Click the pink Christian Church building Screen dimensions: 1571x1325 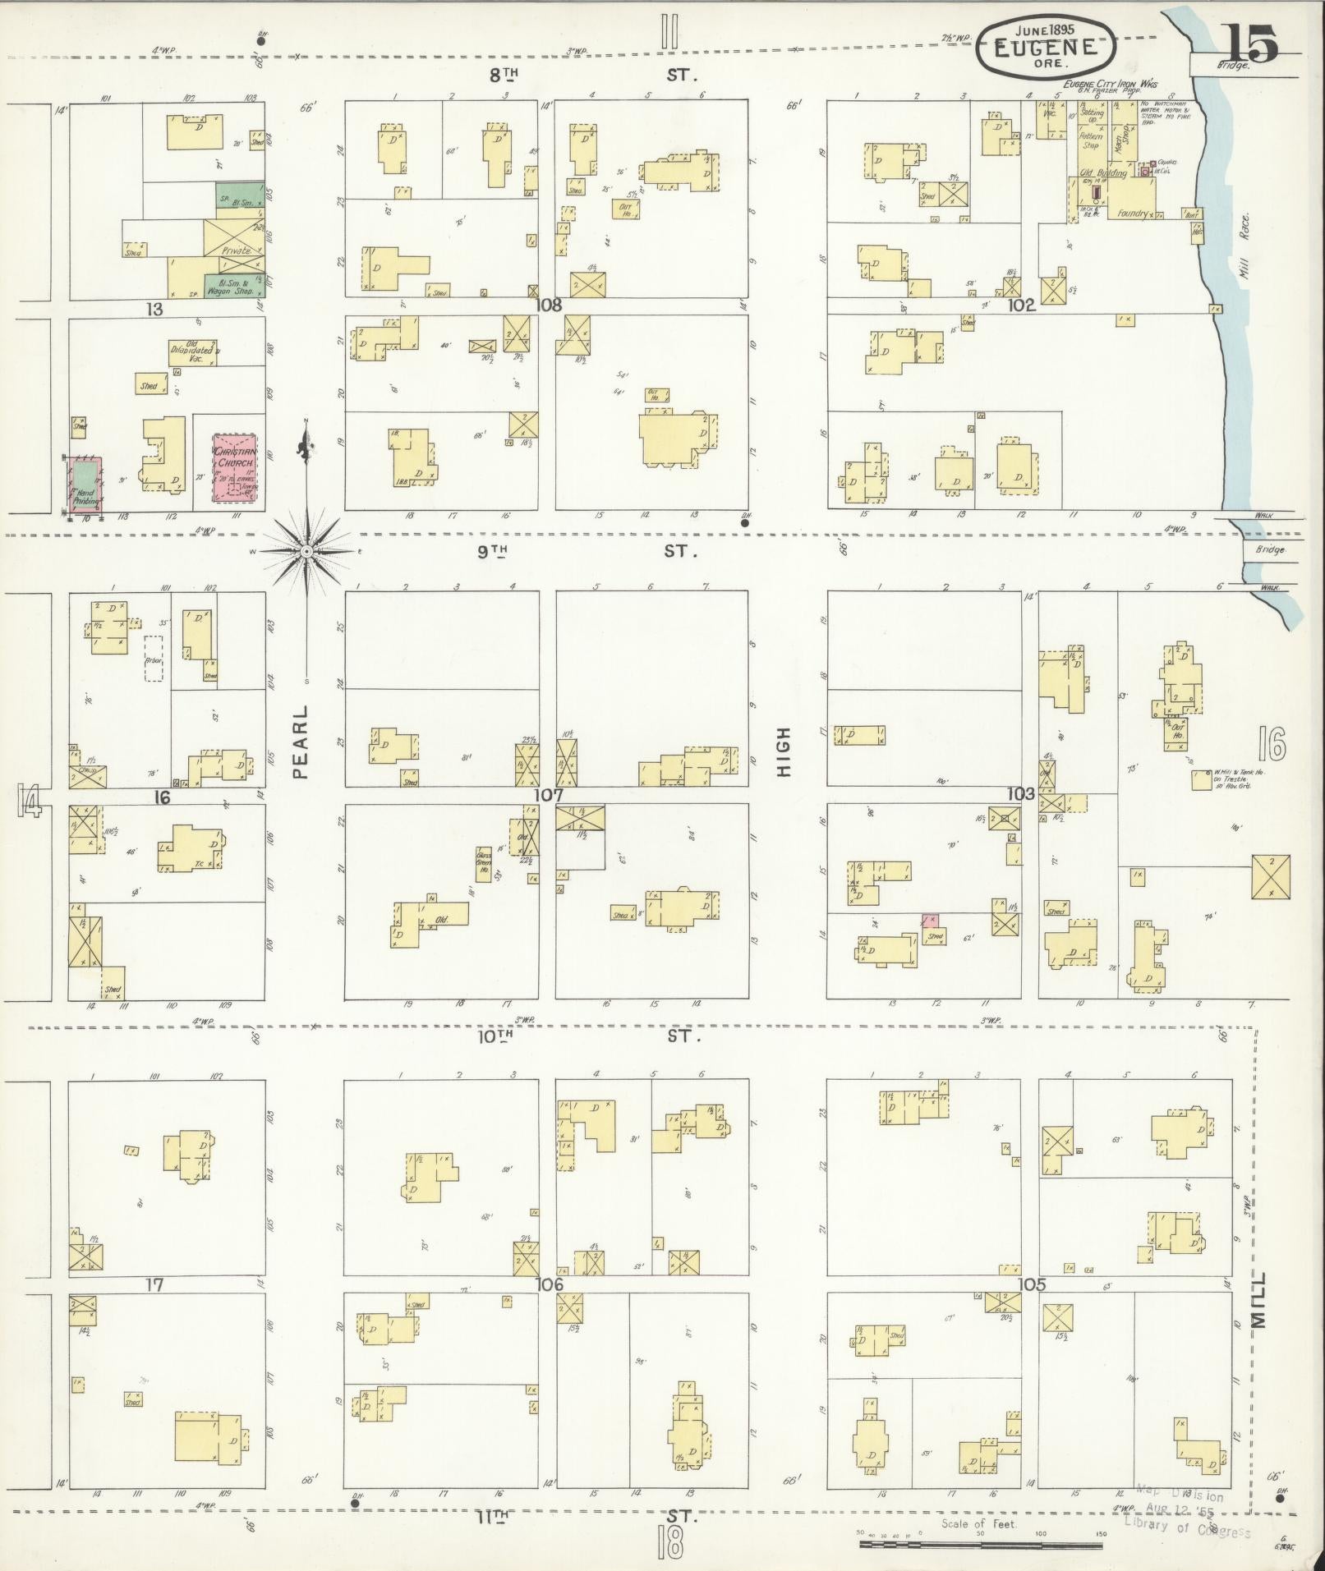[236, 468]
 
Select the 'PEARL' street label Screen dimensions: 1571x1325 [301, 742]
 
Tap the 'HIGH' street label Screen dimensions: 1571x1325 [784, 751]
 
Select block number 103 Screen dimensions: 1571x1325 [1022, 793]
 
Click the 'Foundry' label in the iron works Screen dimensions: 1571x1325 [1132, 214]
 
